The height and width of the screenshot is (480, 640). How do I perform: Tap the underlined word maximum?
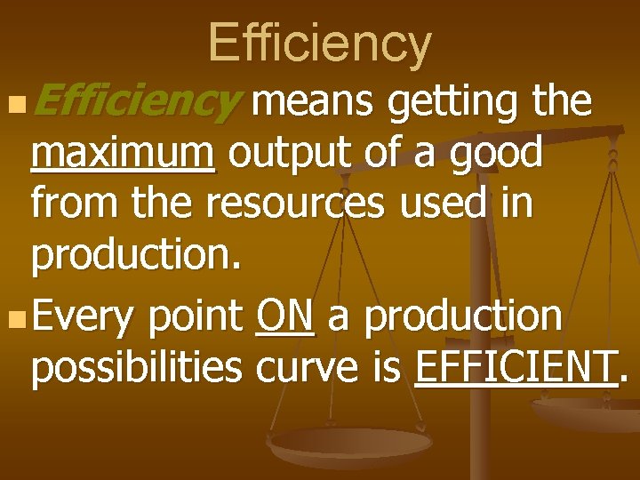pyautogui.click(x=123, y=154)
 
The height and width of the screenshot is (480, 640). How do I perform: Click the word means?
pyautogui.click(x=313, y=103)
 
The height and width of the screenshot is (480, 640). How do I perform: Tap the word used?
pyautogui.click(x=442, y=204)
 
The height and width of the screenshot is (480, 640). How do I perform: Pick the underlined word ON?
pyautogui.click(x=284, y=316)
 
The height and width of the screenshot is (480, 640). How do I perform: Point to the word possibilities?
pyautogui.click(x=138, y=367)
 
